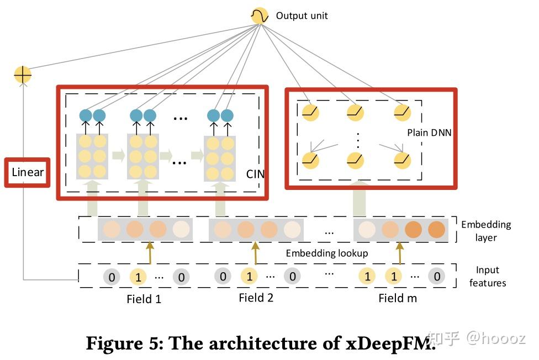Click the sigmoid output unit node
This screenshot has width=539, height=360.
[x=260, y=15]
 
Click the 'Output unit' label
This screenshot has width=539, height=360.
[x=302, y=15]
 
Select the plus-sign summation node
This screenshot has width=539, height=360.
[x=23, y=75]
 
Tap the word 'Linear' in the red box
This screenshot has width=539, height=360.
[x=28, y=172]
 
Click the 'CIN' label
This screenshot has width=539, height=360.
[x=255, y=174]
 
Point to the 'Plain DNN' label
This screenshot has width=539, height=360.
[x=429, y=133]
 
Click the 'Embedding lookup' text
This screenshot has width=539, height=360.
[x=326, y=253]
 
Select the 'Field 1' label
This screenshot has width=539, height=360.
[x=144, y=299]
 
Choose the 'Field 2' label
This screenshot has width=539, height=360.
[x=256, y=298]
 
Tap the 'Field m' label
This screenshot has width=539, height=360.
[x=398, y=298]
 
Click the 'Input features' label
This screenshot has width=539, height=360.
[x=487, y=276]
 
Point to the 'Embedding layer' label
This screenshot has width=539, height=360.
[x=486, y=231]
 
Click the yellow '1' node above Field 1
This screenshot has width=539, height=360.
[x=138, y=277]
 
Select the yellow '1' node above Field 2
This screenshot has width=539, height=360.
[x=249, y=276]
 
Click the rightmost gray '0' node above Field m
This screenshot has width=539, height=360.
[x=437, y=276]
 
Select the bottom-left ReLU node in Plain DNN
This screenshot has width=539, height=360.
[x=310, y=160]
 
